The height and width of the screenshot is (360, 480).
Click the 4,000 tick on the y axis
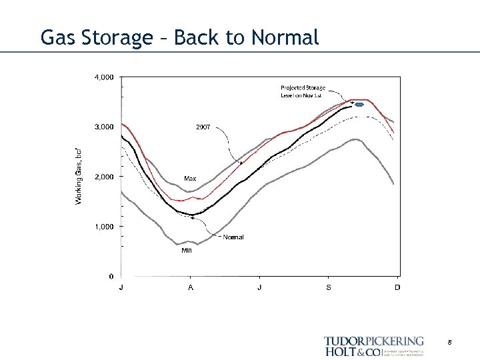[103, 77]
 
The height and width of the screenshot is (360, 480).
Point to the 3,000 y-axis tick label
[103, 127]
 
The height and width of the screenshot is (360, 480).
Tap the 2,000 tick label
[103, 177]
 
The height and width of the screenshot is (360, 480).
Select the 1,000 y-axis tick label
[103, 227]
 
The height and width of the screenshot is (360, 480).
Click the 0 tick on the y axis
[111, 276]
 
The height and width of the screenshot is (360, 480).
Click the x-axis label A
[191, 287]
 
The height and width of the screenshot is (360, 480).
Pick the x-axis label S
[328, 287]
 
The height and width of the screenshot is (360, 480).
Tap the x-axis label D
[397, 287]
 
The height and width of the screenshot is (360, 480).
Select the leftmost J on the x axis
[121, 287]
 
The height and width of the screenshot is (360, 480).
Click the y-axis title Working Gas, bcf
[79, 176]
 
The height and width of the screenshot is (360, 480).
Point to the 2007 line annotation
[203, 126]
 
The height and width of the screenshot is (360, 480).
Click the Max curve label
[190, 179]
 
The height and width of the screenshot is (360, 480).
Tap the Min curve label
[187, 251]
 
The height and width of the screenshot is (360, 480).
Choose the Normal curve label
[233, 237]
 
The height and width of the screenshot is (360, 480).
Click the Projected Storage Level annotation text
[303, 91]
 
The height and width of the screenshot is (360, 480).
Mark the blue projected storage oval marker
[359, 105]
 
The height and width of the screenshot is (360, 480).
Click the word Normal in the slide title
[285, 38]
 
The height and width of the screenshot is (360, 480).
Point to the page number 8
[450, 342]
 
